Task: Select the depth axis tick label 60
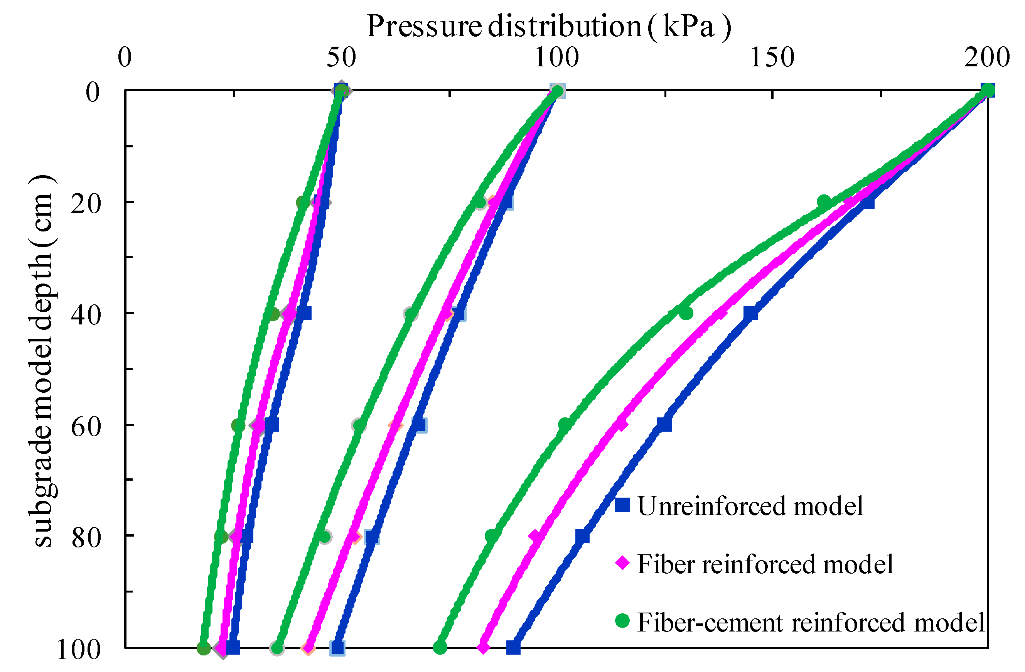pyautogui.click(x=86, y=427)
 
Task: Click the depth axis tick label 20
pyautogui.click(x=86, y=203)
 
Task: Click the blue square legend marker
pyautogui.click(x=622, y=505)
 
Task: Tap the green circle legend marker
pyautogui.click(x=622, y=621)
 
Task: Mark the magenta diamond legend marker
pyautogui.click(x=622, y=562)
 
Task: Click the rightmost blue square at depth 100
pyautogui.click(x=513, y=647)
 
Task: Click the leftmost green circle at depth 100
pyautogui.click(x=204, y=648)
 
